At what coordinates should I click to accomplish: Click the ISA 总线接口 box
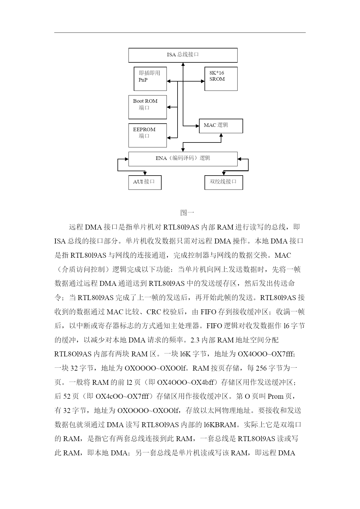pos(183,55)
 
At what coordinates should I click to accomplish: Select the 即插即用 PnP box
pos(150,79)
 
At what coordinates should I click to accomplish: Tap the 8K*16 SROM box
pos(221,79)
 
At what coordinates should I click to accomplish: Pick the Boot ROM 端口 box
pos(148,107)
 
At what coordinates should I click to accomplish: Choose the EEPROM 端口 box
pos(148,136)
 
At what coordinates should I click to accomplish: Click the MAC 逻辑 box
pos(221,126)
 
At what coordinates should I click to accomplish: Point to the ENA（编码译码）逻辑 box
pos(183,159)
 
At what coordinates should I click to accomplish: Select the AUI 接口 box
pos(145,183)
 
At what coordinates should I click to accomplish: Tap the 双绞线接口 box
pos(224,183)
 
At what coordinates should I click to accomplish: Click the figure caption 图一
pos(187,213)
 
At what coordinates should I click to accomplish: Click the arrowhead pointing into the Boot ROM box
pos(169,107)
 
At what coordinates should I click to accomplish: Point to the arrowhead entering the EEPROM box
pos(169,138)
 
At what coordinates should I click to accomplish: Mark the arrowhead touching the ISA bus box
pos(183,64)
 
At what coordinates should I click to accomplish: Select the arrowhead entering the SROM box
pos(203,82)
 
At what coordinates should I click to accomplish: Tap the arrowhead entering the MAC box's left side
pos(197,126)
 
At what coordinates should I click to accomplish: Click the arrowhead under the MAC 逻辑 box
pos(221,135)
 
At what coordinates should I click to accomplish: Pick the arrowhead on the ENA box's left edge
pos(127,159)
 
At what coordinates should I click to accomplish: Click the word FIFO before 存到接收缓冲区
pos(209,312)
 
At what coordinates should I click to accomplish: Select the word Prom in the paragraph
pos(275,396)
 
